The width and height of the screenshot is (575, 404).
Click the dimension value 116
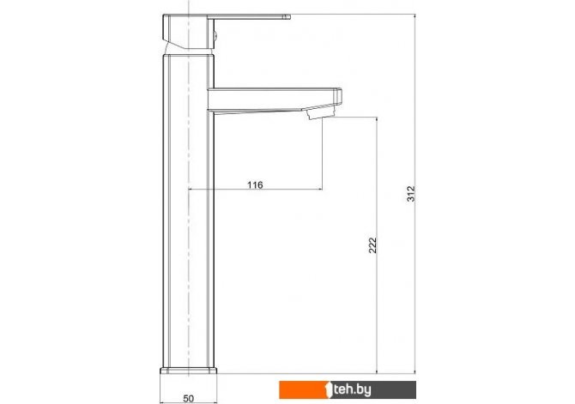pyautogui.click(x=255, y=184)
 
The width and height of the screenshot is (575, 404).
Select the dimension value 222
pyautogui.click(x=372, y=245)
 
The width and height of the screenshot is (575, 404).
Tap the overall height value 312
pyautogui.click(x=411, y=194)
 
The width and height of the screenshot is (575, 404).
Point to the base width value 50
pyautogui.click(x=188, y=399)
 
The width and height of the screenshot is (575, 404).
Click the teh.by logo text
pyautogui.click(x=352, y=389)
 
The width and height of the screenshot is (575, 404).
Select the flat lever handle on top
pyautogui.click(x=249, y=16)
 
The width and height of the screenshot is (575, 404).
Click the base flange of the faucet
pyautogui.click(x=189, y=371)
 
